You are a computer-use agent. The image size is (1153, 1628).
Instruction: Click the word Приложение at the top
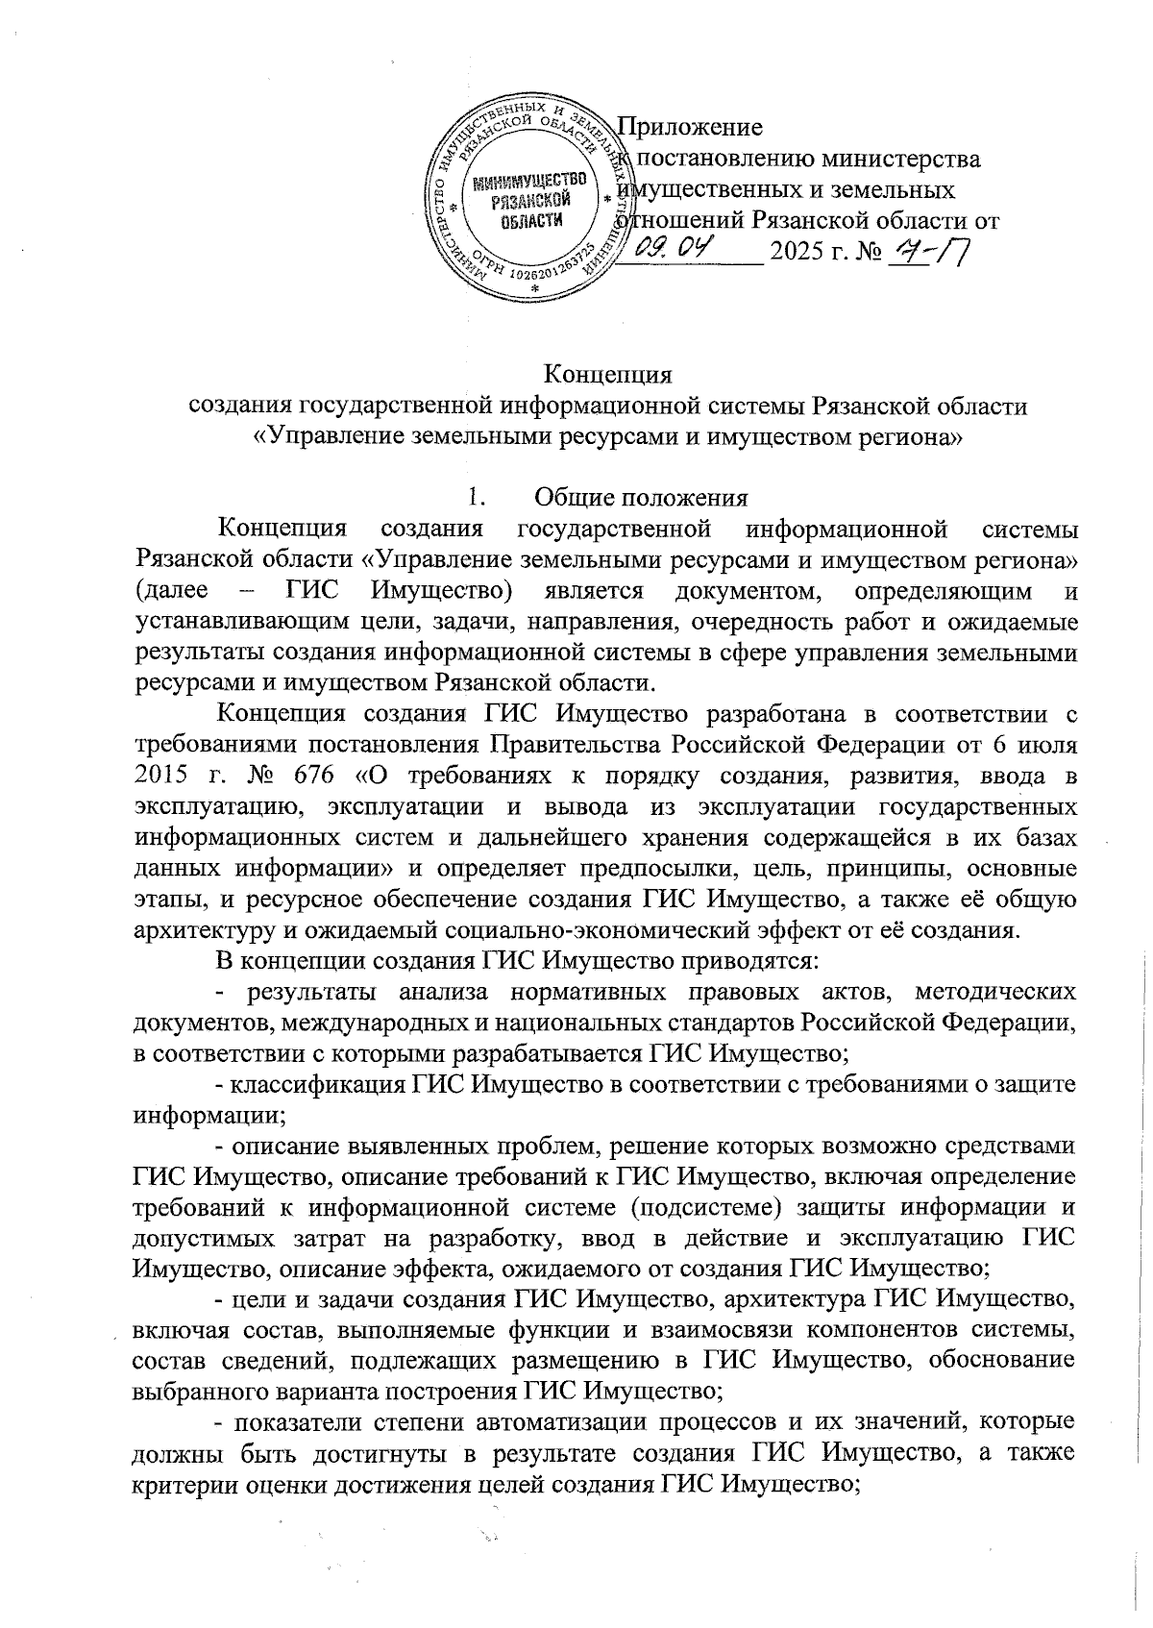point(690,127)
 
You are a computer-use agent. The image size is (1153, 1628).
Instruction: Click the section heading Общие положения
point(641,497)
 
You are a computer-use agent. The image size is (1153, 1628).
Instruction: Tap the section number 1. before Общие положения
point(472,497)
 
